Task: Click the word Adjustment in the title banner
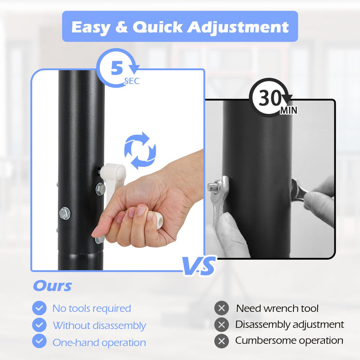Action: coord(238,27)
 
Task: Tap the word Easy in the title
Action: coord(91,27)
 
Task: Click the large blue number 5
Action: coord(117,68)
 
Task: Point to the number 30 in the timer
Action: coord(270,98)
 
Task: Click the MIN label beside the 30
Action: coord(289,110)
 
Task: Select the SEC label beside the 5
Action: coord(132,81)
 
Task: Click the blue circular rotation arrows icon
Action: coord(140,151)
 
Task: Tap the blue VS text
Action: coord(199,266)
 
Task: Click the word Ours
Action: coord(53,286)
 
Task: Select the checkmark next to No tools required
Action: coord(39,308)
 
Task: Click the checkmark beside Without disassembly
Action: coord(39,325)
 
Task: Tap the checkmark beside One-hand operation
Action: coord(39,341)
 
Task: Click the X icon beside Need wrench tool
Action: coord(221,308)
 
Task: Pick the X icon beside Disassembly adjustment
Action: coord(221,324)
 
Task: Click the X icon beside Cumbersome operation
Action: coord(221,341)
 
